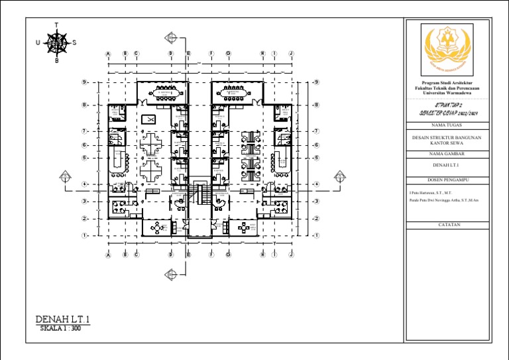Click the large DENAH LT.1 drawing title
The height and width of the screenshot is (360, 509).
click(62, 320)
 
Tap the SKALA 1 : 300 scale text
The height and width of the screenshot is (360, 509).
click(60, 329)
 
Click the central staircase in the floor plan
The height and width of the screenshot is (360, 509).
click(199, 195)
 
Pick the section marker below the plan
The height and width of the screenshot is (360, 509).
click(172, 272)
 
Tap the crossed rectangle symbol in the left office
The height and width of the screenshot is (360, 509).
click(148, 119)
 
